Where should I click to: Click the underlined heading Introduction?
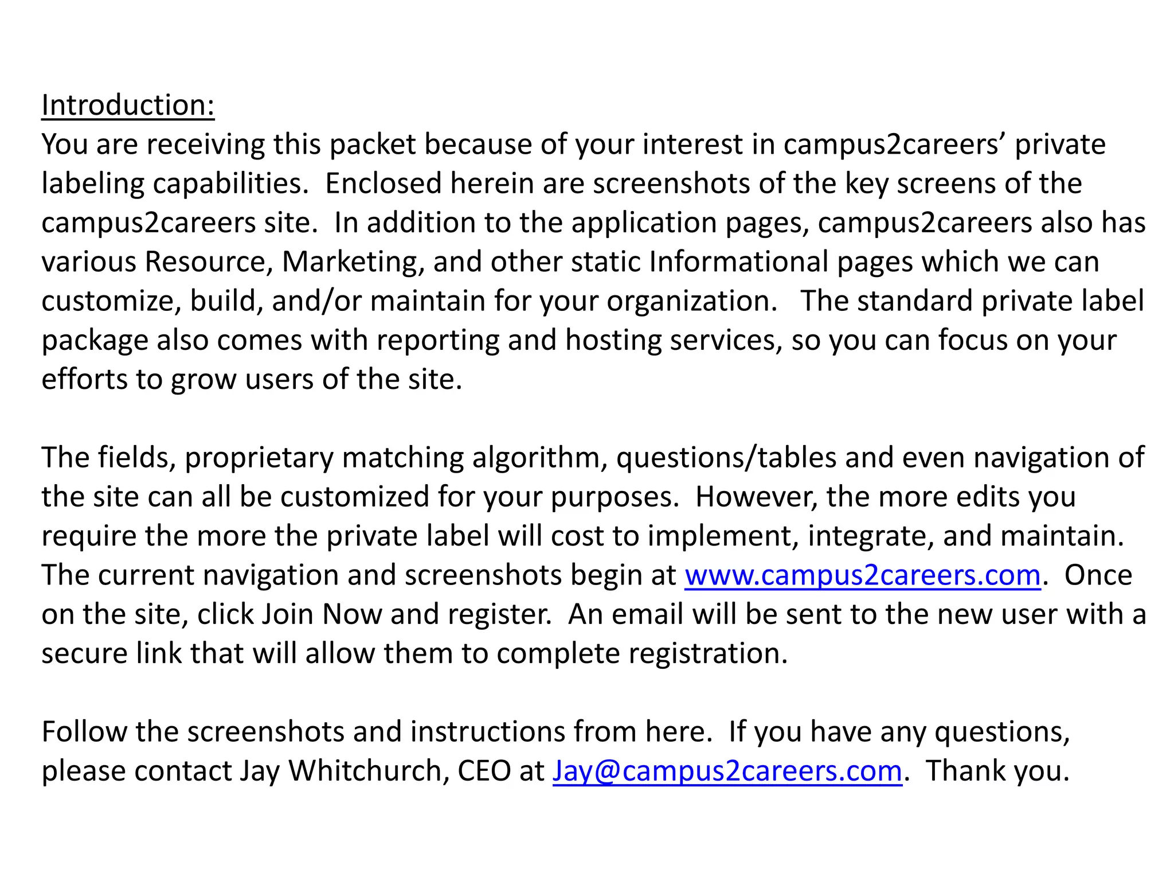[x=128, y=106]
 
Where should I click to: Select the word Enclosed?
[x=383, y=184]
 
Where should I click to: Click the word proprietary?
[x=259, y=458]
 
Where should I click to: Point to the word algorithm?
[x=539, y=458]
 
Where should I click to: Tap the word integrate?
[x=871, y=536]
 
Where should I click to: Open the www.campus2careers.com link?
[x=863, y=575]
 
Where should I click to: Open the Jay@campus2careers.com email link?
[x=727, y=771]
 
